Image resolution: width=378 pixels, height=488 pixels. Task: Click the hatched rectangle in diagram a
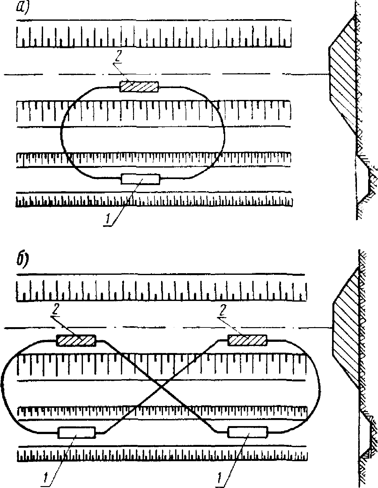139,86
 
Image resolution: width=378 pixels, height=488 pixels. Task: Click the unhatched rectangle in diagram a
140,179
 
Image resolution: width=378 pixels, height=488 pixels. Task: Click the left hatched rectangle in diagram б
76,341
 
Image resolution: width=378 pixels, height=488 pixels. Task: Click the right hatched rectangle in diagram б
247,340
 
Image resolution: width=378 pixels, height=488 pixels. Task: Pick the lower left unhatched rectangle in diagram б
77,433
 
